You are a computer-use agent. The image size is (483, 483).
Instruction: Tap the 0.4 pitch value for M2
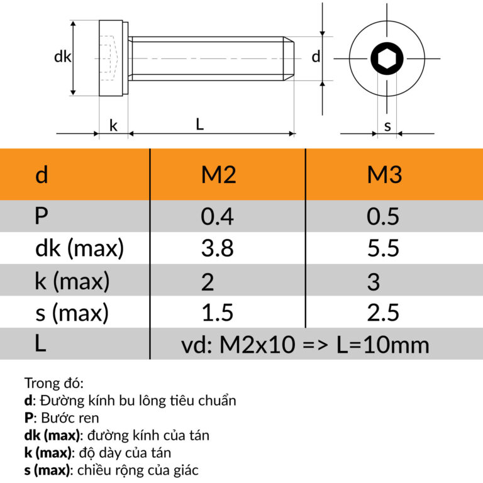pos(217,216)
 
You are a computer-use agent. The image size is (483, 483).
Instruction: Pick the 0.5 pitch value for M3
pos(383,216)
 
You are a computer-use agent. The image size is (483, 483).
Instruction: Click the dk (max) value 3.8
pos(217,249)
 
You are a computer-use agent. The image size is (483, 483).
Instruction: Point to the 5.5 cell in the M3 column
pos(383,249)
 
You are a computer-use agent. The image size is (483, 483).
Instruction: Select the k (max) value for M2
pos(208,282)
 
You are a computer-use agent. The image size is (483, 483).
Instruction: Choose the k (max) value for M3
pos(374,282)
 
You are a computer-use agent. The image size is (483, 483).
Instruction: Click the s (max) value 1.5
pos(217,313)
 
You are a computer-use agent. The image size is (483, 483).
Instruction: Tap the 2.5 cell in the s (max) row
pos(383,313)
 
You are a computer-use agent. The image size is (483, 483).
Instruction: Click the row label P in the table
pos(42,216)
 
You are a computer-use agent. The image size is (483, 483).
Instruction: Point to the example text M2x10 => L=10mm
pos(305,345)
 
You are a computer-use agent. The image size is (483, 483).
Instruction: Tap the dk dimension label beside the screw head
pos(62,57)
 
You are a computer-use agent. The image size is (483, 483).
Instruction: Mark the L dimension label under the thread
pos(199,125)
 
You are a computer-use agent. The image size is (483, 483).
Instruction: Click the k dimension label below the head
pos(114,125)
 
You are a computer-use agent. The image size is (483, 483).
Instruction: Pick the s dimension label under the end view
pos(387,126)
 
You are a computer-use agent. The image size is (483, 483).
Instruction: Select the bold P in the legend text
pos(28,417)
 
